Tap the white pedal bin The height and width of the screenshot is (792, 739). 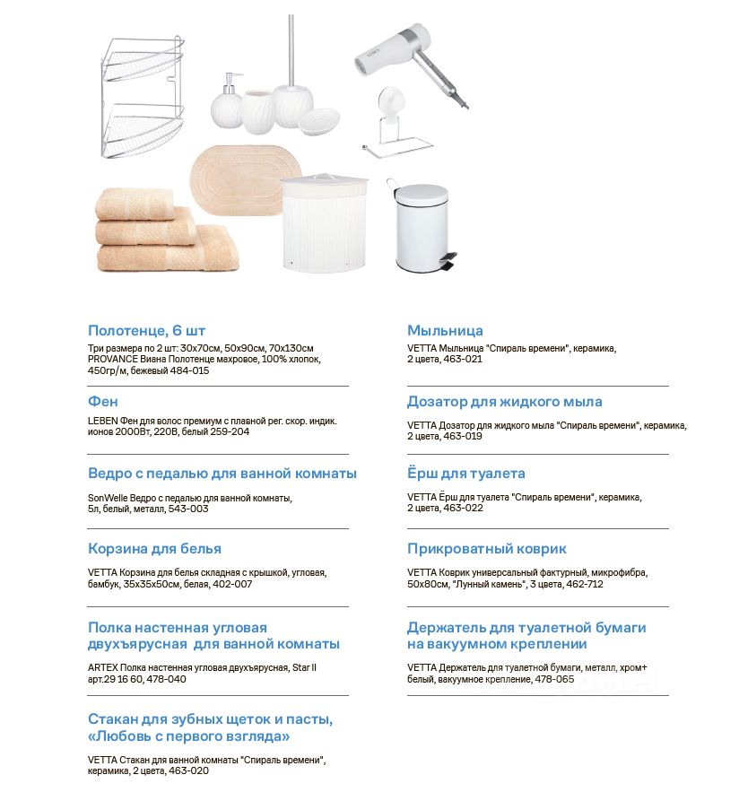[421, 228]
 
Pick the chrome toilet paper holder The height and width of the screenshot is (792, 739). [396, 126]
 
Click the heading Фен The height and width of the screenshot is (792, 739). [103, 402]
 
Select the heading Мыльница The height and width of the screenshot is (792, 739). [445, 330]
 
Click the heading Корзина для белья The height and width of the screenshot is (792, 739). [154, 548]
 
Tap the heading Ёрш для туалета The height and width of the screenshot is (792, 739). [465, 473]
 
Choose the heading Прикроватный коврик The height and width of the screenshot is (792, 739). [486, 548]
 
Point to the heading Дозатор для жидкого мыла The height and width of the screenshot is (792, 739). [504, 402]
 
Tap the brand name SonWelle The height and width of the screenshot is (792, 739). [107, 498]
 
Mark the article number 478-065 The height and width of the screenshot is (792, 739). [556, 679]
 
